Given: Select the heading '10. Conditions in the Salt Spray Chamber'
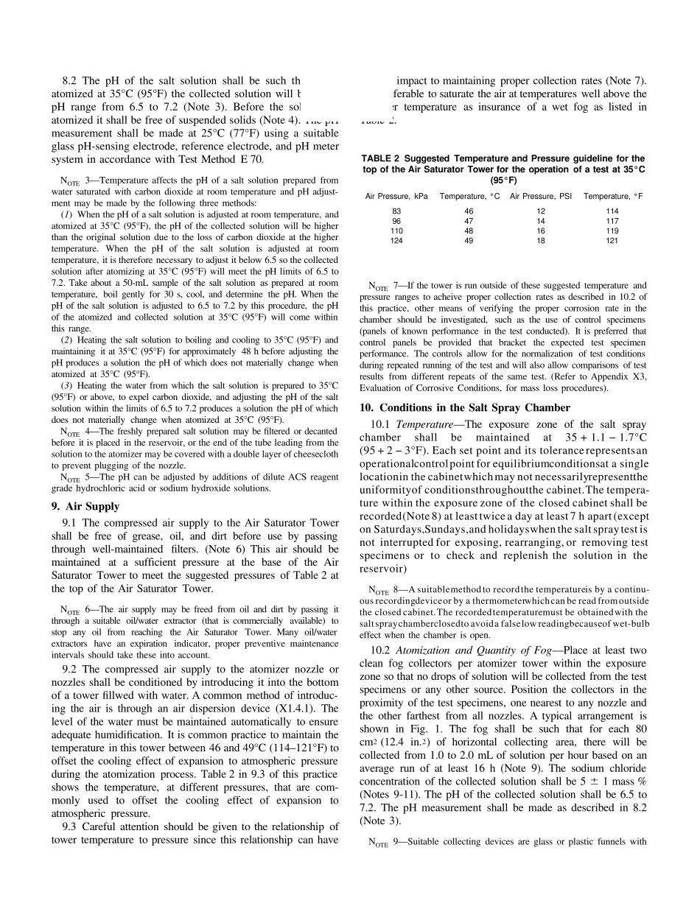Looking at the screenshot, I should click(465, 407).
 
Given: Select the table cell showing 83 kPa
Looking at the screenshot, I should click(396, 211).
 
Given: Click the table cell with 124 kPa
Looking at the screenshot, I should click(396, 240).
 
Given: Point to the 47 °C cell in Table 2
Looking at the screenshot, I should click(469, 221).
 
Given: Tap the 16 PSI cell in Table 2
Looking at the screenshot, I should click(540, 231).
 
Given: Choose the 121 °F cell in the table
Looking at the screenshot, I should click(612, 240).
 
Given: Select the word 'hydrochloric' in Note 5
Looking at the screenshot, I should click(94, 488).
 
